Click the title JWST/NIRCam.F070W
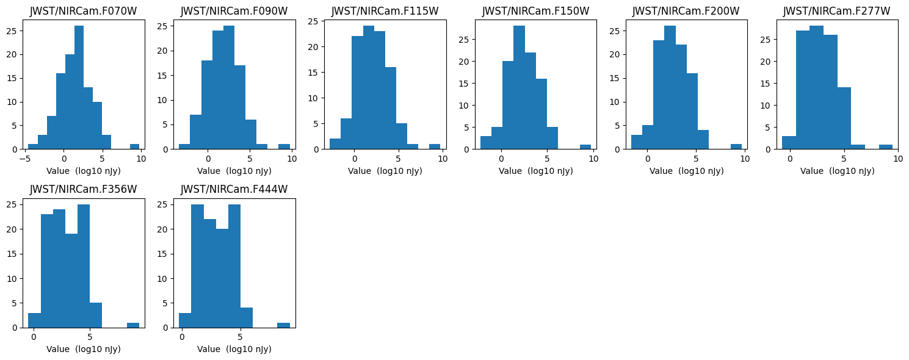[x=84, y=11]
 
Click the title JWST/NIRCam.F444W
[x=234, y=189]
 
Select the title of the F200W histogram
[x=686, y=11]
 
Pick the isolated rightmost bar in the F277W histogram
[x=885, y=146]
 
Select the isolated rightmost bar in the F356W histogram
[x=132, y=325]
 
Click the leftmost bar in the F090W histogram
[x=184, y=146]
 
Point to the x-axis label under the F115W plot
[x=385, y=171]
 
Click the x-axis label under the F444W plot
[x=234, y=349]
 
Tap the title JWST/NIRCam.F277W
[x=836, y=11]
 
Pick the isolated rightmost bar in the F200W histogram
[x=736, y=146]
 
